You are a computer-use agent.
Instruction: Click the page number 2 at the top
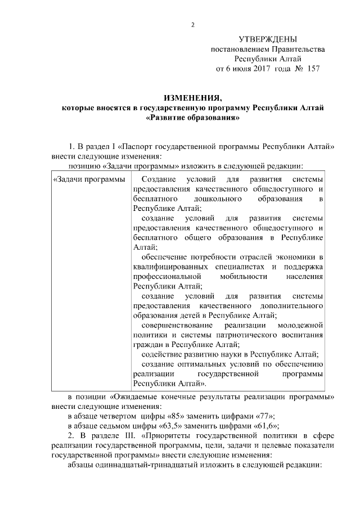[x=193, y=25]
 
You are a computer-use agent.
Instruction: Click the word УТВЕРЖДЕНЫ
[x=267, y=39]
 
